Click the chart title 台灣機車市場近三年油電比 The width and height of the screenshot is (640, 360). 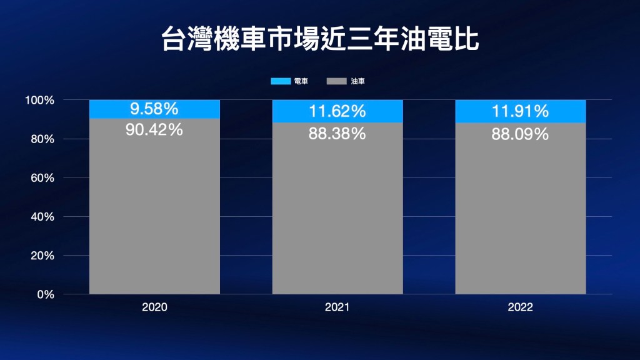pyautogui.click(x=319, y=39)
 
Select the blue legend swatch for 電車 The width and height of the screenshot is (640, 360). pyautogui.click(x=281, y=81)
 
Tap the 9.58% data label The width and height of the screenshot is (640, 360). pyautogui.click(x=154, y=109)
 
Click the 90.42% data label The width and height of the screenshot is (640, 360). pyautogui.click(x=154, y=130)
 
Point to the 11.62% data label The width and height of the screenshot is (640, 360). pyautogui.click(x=337, y=112)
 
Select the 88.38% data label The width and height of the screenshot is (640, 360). pyautogui.click(x=337, y=133)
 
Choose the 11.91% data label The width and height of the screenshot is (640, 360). pyautogui.click(x=520, y=112)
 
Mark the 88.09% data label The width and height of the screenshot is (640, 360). pyautogui.click(x=520, y=133)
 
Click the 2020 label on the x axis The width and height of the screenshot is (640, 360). pyautogui.click(x=154, y=307)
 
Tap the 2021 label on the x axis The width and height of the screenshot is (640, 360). pyautogui.click(x=337, y=307)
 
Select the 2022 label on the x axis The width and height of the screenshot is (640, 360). pyautogui.click(x=520, y=307)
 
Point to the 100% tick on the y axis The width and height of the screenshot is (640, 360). pyautogui.click(x=40, y=100)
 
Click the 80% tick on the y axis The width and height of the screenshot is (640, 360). pyautogui.click(x=42, y=139)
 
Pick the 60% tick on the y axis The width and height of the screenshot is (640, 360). pyautogui.click(x=42, y=177)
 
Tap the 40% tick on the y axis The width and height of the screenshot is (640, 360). pyautogui.click(x=42, y=216)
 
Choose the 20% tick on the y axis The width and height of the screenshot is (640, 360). pyautogui.click(x=42, y=255)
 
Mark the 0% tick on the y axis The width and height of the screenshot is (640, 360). pyautogui.click(x=45, y=294)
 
